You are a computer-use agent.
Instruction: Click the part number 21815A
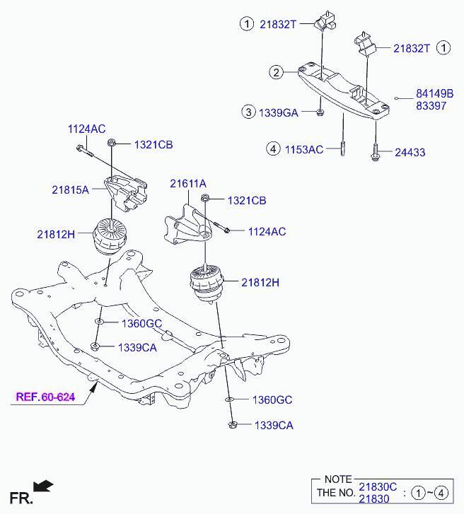[70, 189]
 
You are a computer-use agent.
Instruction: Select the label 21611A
[188, 184]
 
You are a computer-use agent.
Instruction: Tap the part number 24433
[410, 153]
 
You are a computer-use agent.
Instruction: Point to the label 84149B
[434, 94]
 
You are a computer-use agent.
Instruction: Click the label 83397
[431, 106]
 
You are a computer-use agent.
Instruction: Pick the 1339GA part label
[279, 112]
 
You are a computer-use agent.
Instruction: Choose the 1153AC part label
[304, 150]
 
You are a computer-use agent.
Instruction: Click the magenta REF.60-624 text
[45, 397]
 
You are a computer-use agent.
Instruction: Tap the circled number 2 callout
[276, 72]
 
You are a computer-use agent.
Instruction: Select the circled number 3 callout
[248, 112]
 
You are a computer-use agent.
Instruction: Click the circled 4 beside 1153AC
[273, 148]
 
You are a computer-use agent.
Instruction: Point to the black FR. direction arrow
[43, 486]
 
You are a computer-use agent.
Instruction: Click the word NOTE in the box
[338, 479]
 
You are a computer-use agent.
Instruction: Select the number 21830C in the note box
[378, 487]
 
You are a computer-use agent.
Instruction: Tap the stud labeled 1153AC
[342, 148]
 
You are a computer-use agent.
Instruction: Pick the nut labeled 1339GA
[320, 112]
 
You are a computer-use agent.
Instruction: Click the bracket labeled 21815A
[126, 194]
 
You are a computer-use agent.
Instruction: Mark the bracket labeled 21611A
[187, 226]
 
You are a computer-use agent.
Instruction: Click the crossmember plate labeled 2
[343, 90]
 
